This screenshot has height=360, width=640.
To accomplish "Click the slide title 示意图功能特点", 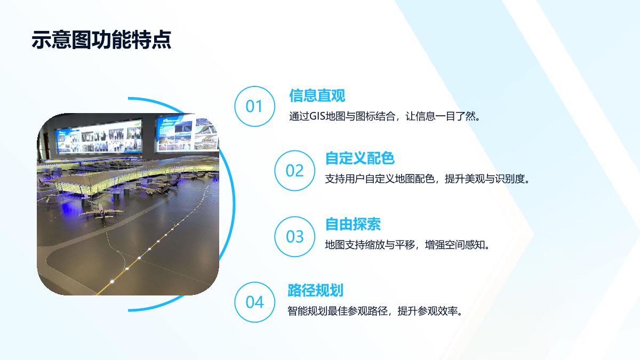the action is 101,39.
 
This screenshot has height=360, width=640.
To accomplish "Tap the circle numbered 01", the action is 254,106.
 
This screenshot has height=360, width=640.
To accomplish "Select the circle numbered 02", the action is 294,171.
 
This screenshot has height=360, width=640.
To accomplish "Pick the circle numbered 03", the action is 294,236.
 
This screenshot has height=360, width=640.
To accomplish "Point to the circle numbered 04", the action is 254,302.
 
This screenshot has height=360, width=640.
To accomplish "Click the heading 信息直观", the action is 317,95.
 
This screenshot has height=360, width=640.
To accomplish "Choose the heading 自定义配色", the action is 360,158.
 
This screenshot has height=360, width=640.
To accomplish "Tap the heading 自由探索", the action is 353,224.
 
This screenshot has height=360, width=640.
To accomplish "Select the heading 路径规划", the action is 315,290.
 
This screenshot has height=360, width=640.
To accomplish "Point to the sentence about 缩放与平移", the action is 407,245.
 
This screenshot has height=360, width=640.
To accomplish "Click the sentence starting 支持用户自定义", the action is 427,179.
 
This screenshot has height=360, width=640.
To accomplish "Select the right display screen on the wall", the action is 188,133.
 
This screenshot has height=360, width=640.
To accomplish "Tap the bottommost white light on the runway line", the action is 112,282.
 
